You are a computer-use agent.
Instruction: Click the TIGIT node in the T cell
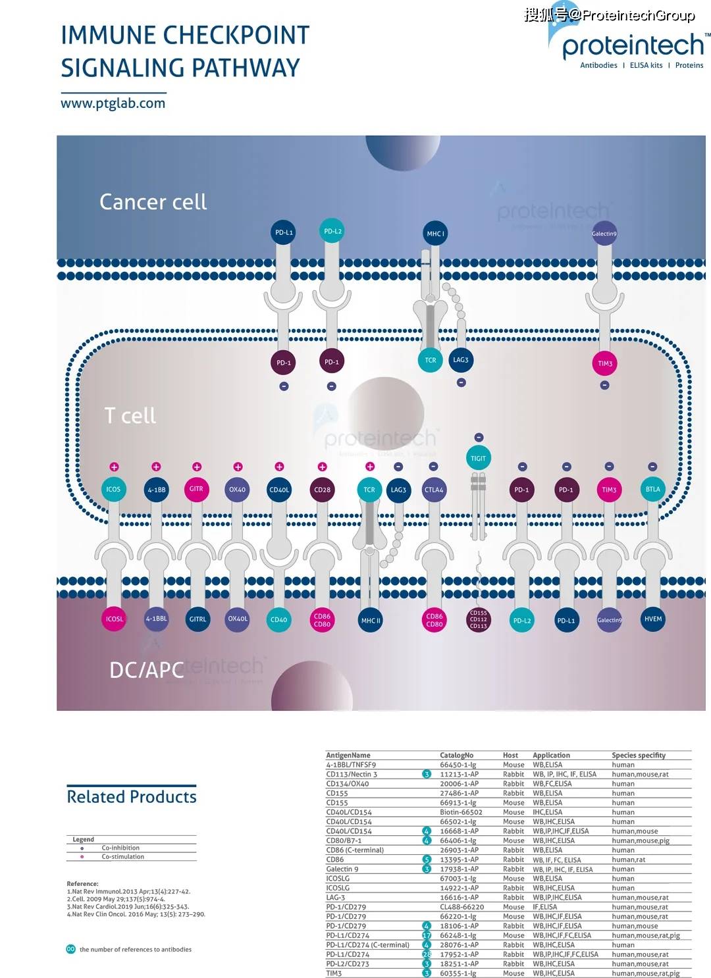click(x=479, y=458)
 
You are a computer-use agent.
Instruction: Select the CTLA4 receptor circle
click(x=434, y=490)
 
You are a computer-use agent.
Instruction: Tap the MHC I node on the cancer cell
click(x=435, y=234)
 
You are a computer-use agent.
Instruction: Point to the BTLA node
click(x=652, y=489)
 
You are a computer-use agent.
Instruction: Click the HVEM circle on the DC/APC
click(x=653, y=619)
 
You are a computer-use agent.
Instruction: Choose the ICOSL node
click(x=115, y=619)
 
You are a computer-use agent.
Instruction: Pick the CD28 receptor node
click(x=322, y=490)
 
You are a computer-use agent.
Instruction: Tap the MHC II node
click(x=370, y=620)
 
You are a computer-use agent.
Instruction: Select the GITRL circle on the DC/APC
click(x=197, y=619)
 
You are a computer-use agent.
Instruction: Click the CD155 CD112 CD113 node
click(x=479, y=619)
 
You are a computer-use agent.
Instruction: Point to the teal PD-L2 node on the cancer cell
click(x=333, y=231)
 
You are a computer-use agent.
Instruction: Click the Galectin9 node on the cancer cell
click(x=604, y=234)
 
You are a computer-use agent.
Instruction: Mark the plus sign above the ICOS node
click(x=114, y=467)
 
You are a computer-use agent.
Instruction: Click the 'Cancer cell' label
click(x=153, y=202)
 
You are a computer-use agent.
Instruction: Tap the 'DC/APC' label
click(x=146, y=670)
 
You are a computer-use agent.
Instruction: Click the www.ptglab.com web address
click(x=113, y=103)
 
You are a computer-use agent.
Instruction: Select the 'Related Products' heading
click(x=132, y=797)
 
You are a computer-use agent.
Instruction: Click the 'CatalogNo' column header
click(x=456, y=756)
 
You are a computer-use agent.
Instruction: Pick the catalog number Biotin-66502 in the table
click(x=461, y=812)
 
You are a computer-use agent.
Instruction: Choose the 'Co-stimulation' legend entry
click(x=122, y=857)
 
